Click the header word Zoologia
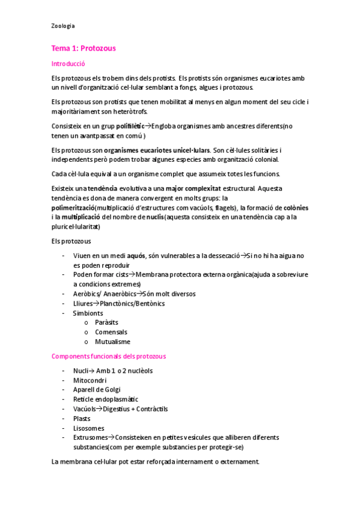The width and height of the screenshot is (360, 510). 63,26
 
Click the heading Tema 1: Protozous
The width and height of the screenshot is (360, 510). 84,48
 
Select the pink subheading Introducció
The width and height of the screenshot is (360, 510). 69,63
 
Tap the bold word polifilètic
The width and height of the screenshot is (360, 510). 131,126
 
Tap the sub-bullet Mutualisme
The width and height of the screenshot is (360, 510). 112,342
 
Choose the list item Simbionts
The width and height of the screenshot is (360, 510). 88,313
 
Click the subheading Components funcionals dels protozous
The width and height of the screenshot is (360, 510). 109,356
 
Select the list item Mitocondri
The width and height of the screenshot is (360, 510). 90,380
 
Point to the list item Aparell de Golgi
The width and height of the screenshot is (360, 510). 96,390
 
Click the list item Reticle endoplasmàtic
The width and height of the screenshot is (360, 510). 105,399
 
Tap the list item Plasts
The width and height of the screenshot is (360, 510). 82,419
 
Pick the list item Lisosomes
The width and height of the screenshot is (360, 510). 88,428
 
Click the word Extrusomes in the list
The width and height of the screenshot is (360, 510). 90,437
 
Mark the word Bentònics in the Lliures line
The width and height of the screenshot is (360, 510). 149,303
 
